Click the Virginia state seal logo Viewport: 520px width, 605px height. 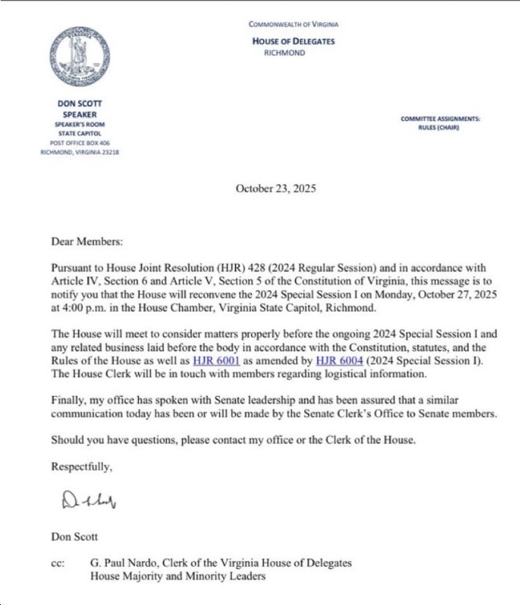pyautogui.click(x=79, y=56)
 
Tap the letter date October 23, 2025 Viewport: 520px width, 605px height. pyautogui.click(x=275, y=189)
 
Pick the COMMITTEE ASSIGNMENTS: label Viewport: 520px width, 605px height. pyautogui.click(x=441, y=119)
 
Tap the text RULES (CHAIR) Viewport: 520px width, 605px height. pyautogui.click(x=441, y=128)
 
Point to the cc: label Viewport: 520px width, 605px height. pyautogui.click(x=59, y=563)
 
